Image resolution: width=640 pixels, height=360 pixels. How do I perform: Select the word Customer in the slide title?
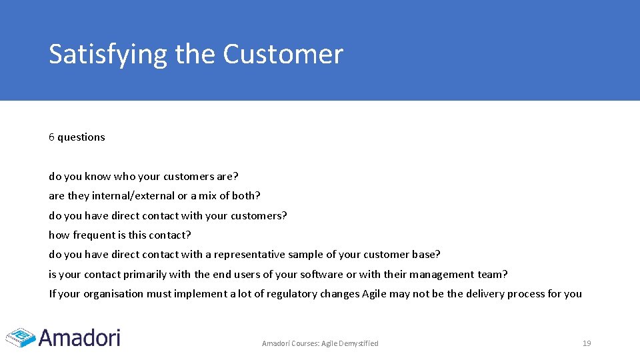pos(283,54)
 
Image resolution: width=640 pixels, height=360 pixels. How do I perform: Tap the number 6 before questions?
pos(51,137)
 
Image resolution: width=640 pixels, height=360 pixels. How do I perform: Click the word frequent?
pos(95,235)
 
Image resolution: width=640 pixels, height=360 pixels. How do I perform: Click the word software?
pos(321,275)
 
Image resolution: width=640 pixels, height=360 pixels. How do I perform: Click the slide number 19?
pos(587,343)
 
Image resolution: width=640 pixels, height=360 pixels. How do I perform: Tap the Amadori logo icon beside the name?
pos(20,337)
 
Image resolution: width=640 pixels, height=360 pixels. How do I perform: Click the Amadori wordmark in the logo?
pos(79,337)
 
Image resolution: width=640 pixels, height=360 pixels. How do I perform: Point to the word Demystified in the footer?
pos(359,343)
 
